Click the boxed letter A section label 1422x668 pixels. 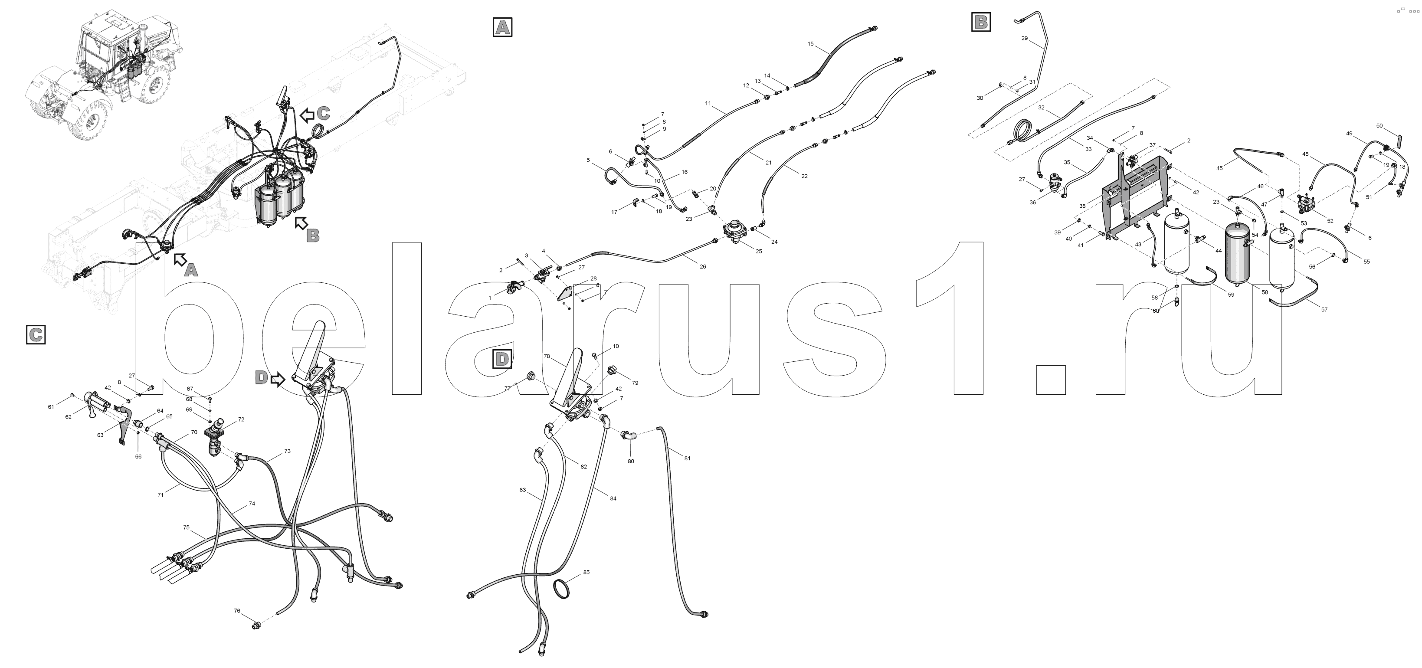click(502, 27)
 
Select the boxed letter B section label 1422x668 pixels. click(981, 22)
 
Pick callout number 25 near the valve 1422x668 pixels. click(758, 251)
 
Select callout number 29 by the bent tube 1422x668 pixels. click(1025, 38)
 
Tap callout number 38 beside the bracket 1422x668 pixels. click(1082, 206)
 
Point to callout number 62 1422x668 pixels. click(69, 417)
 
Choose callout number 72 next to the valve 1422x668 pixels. click(241, 419)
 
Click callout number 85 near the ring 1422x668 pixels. click(586, 572)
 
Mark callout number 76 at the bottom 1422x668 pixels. click(237, 611)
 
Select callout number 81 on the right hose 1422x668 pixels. click(687, 458)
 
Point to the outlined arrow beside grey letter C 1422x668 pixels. click(307, 115)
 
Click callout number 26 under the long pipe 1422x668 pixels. click(703, 267)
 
